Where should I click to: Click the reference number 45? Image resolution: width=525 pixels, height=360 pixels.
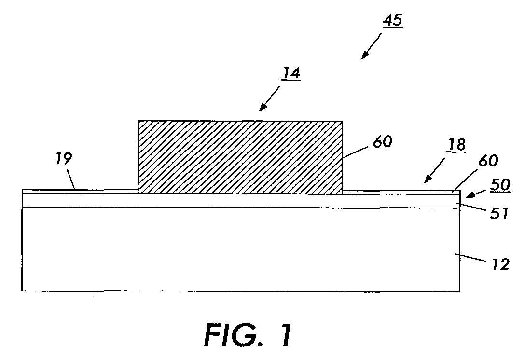[x=392, y=21]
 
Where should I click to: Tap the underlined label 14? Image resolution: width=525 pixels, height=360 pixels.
[x=290, y=73]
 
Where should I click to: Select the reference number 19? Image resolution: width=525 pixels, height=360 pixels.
[x=64, y=158]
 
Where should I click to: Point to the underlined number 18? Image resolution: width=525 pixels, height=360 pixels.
[x=456, y=145]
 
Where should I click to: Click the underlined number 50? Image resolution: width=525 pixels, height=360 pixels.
[x=500, y=184]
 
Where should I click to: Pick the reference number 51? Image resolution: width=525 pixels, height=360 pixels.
[x=499, y=213]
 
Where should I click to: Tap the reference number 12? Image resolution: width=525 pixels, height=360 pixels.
[x=500, y=264]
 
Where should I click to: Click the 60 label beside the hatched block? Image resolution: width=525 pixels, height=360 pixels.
[x=382, y=142]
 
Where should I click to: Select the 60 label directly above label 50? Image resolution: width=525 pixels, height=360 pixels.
[x=488, y=161]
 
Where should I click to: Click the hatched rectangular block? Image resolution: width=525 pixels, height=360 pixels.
[x=240, y=157]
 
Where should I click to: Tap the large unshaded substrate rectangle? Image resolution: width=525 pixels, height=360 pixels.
[x=241, y=249]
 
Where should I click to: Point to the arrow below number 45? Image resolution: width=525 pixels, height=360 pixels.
[x=372, y=46]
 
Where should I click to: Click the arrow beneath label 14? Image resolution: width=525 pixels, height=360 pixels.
[x=270, y=98]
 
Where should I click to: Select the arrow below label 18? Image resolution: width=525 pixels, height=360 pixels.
[x=435, y=170]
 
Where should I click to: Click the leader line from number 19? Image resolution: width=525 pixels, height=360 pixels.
[x=71, y=180]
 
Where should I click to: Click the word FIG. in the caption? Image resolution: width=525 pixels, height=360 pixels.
[x=234, y=335]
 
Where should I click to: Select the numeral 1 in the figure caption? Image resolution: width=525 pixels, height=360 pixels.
[x=285, y=335]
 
